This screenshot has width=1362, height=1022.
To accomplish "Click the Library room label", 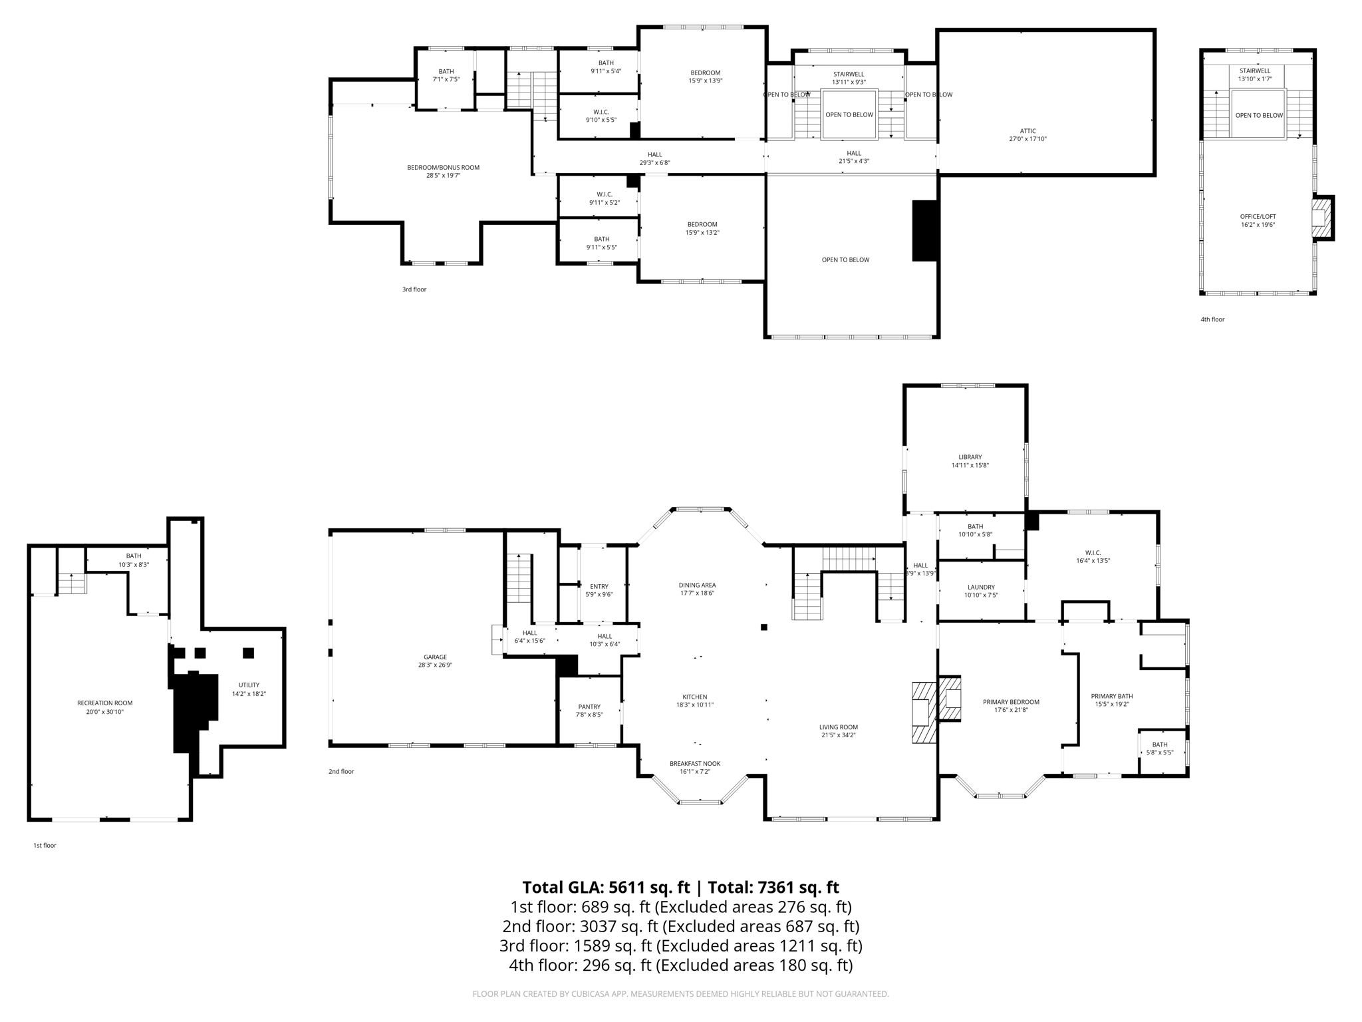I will [970, 457].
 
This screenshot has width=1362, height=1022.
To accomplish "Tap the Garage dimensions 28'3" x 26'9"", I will [436, 665].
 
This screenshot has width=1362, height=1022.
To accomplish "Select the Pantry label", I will [589, 707].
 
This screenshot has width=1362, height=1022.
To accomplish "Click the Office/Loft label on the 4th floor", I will [1258, 216].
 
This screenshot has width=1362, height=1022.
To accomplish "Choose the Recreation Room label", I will [104, 703].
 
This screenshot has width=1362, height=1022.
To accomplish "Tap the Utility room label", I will [249, 685].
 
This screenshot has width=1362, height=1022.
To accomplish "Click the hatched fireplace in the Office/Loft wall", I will [1322, 218].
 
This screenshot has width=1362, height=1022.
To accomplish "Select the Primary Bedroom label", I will [1011, 702].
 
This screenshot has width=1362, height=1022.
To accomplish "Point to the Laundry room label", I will [981, 587].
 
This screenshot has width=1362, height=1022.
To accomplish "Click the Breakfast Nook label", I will [694, 763].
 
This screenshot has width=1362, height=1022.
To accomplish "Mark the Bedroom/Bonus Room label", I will [443, 168].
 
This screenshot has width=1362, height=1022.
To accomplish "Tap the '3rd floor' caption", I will [414, 289].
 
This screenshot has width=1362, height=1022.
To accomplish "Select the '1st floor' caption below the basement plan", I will [45, 845].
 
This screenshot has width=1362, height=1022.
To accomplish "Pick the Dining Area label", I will [697, 585].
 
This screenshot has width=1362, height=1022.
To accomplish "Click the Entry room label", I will [599, 586].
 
